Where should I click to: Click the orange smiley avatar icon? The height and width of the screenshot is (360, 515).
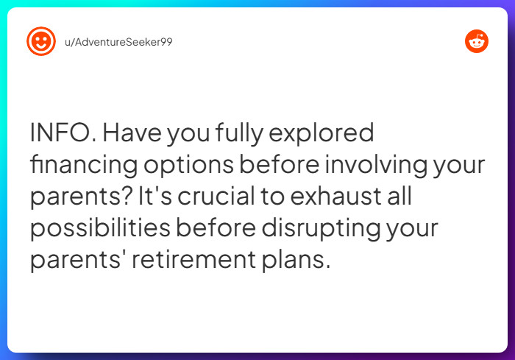pos(41,41)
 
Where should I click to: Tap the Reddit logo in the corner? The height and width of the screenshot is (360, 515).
pos(477,41)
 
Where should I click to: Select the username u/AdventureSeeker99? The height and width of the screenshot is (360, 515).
pos(118,41)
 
